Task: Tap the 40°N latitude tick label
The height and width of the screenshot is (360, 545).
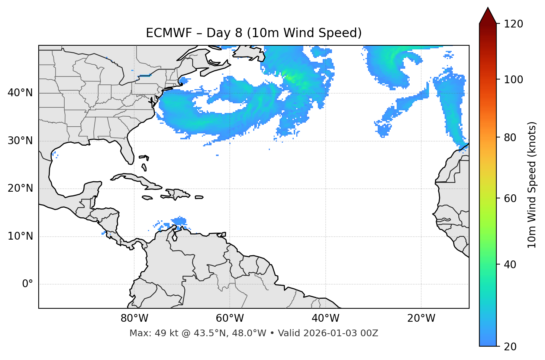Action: tap(20, 93)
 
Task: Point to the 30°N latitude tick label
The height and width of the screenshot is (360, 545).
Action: tap(20, 141)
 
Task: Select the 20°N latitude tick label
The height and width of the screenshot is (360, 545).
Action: tap(20, 188)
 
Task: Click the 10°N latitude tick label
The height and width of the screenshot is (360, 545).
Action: tap(20, 236)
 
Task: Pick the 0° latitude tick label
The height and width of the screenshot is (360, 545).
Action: tap(28, 284)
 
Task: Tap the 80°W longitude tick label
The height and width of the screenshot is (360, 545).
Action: tap(134, 318)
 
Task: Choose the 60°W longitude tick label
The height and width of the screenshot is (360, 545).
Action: tap(230, 318)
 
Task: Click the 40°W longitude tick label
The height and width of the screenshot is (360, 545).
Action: tap(325, 318)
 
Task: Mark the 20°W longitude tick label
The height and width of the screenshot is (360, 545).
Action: tap(421, 318)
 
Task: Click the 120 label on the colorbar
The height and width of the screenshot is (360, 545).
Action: tap(513, 24)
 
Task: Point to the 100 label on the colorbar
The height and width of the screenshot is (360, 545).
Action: tap(513, 80)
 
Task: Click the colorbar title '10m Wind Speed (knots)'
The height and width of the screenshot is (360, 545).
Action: tap(532, 185)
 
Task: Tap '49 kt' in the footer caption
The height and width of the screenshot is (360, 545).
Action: tap(165, 333)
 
